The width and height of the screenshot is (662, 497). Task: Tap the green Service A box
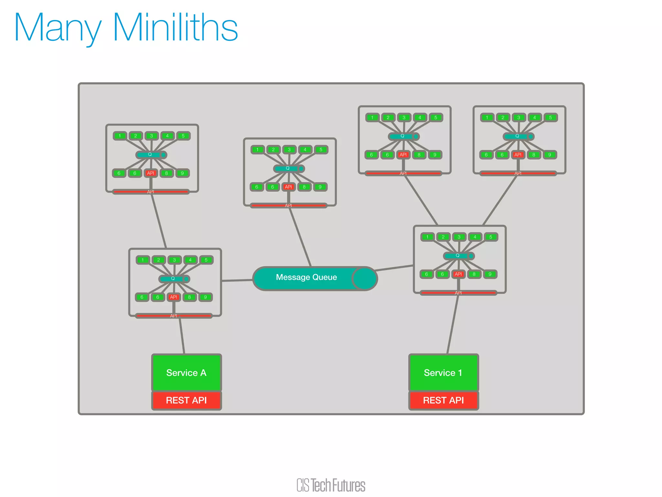(187, 373)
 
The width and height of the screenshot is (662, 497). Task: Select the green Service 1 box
(443, 373)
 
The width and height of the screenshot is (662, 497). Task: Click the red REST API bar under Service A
(187, 401)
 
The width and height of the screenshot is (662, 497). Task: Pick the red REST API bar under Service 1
(443, 401)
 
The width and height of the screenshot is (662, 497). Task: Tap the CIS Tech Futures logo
(331, 485)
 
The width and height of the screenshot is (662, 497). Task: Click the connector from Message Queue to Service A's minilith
(237, 280)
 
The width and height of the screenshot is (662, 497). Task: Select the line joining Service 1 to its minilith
(453, 324)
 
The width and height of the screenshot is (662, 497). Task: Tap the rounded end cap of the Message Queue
(364, 278)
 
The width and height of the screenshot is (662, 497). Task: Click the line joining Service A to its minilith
(182, 335)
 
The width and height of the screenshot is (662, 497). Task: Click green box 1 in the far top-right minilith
(487, 117)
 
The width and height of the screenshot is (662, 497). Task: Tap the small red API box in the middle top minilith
(288, 187)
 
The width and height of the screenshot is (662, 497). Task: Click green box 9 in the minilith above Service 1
(490, 274)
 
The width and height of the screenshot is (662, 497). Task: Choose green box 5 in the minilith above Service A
(206, 260)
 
